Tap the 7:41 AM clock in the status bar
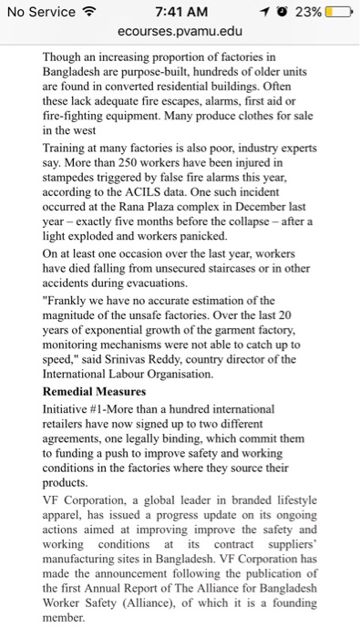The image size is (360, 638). [x=182, y=12]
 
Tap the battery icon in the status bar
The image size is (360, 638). [x=338, y=12]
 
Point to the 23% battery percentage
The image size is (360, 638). [x=308, y=12]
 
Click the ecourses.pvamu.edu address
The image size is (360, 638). [x=181, y=32]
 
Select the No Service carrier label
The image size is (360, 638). [x=40, y=12]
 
